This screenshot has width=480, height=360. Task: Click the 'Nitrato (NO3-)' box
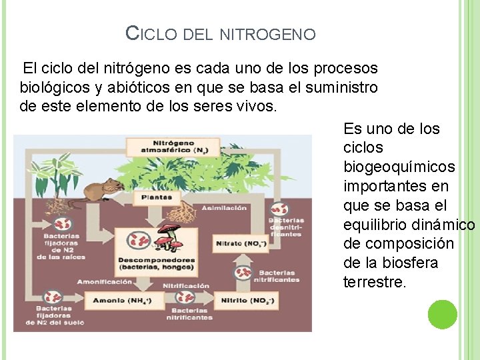click(x=241, y=244)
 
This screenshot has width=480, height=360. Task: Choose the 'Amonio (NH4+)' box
click(x=121, y=301)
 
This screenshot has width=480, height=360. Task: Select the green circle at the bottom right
click(x=442, y=315)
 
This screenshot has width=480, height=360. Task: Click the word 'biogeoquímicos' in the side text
click(x=399, y=167)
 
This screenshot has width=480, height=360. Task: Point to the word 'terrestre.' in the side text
click(x=374, y=282)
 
